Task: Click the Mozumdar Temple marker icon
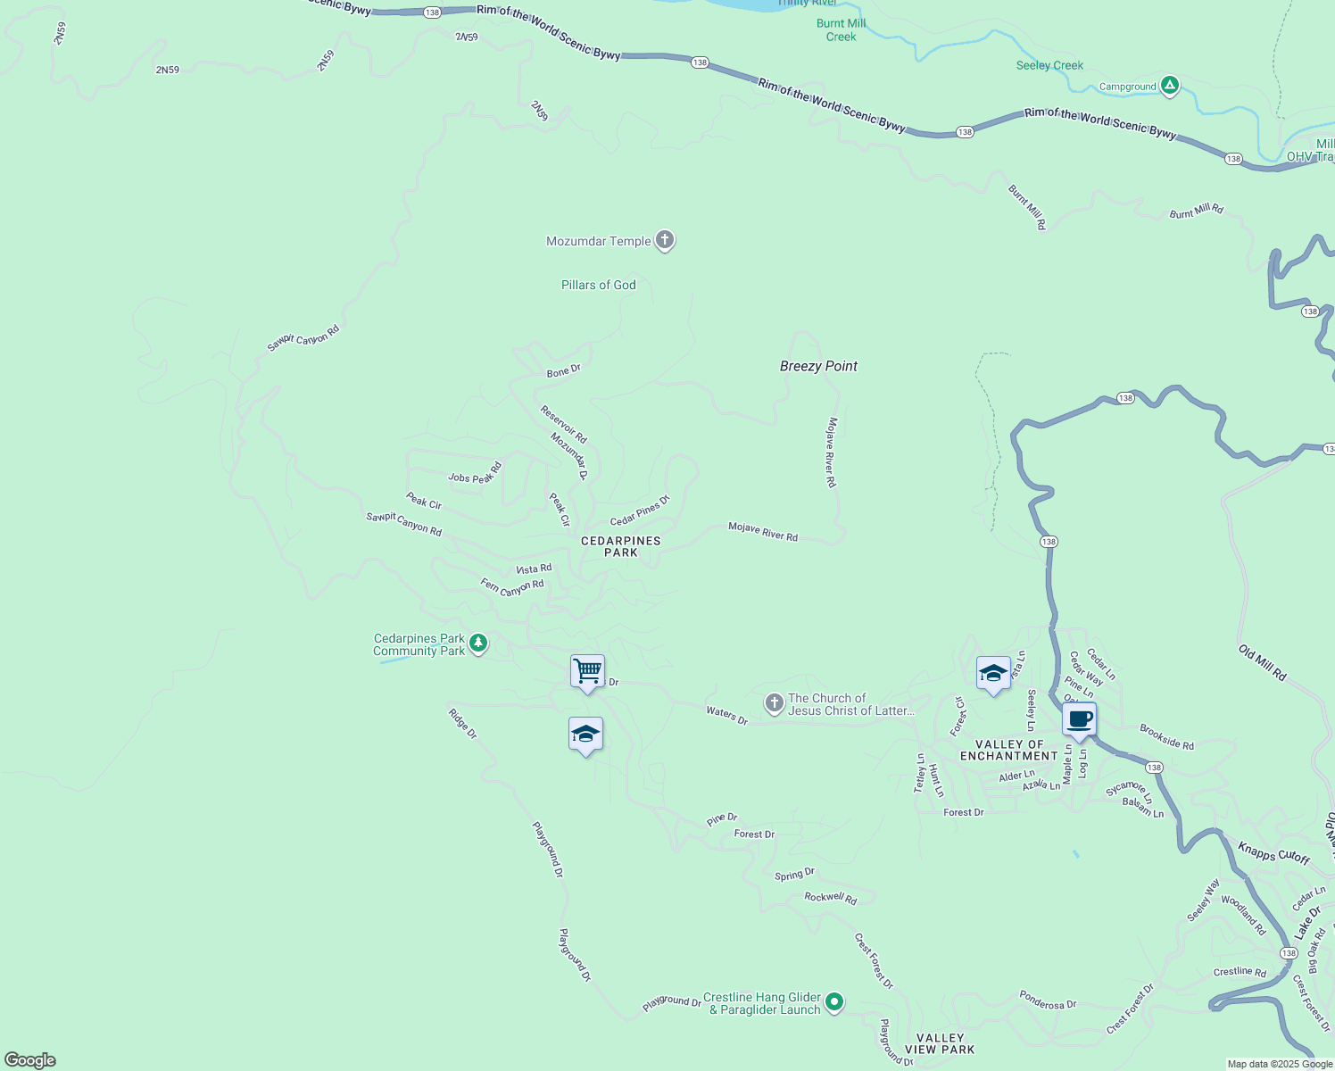point(664,240)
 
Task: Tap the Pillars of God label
point(598,285)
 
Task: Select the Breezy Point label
point(818,366)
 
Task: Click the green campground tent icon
point(1170,86)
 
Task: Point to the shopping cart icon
point(587,670)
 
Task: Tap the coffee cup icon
point(1079,718)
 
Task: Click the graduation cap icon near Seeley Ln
point(993,673)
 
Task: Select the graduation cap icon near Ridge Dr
point(585,735)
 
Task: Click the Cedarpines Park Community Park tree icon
point(478,643)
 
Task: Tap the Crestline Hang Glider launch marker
point(834,1002)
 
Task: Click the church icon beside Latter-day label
point(774,703)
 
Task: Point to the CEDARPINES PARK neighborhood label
point(621,546)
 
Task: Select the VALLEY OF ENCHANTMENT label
point(1009,750)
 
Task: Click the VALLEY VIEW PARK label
point(940,1043)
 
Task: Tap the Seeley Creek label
point(1049,65)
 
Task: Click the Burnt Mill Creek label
point(841,30)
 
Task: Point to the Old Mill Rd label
point(1262,663)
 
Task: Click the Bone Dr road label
point(563,370)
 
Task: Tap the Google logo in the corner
point(30,1060)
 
